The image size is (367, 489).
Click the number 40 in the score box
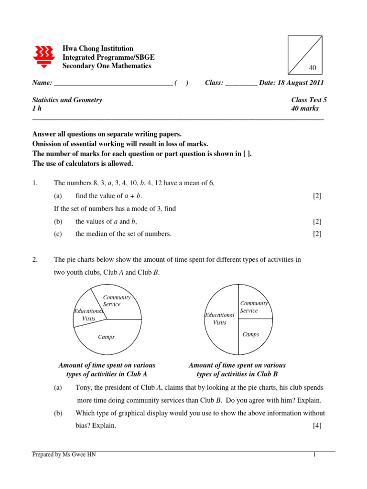click(313, 68)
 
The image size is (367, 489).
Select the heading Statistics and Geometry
click(67, 100)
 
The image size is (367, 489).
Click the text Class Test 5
click(309, 100)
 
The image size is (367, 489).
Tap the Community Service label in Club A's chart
click(116, 301)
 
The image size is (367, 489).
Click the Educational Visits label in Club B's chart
click(219, 319)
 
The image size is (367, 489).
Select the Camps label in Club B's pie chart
click(250, 334)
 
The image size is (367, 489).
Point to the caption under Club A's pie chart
click(107, 370)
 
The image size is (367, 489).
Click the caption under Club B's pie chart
click(237, 370)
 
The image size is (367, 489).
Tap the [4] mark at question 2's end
click(317, 425)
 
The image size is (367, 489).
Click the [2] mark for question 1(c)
click(317, 234)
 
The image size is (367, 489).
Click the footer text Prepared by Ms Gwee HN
click(64, 455)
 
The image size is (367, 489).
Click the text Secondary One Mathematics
click(107, 66)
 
